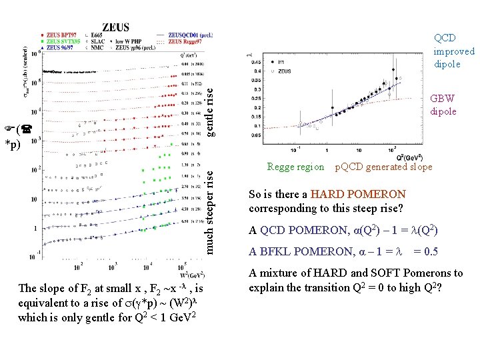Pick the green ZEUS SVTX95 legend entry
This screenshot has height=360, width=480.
63,41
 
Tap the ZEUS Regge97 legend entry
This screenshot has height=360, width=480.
187,41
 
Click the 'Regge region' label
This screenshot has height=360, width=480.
295,167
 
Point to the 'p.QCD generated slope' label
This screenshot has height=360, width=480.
383,167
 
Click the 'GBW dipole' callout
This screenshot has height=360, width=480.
443,105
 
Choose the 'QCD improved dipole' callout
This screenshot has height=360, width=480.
453,51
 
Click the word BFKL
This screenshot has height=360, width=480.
273,251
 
